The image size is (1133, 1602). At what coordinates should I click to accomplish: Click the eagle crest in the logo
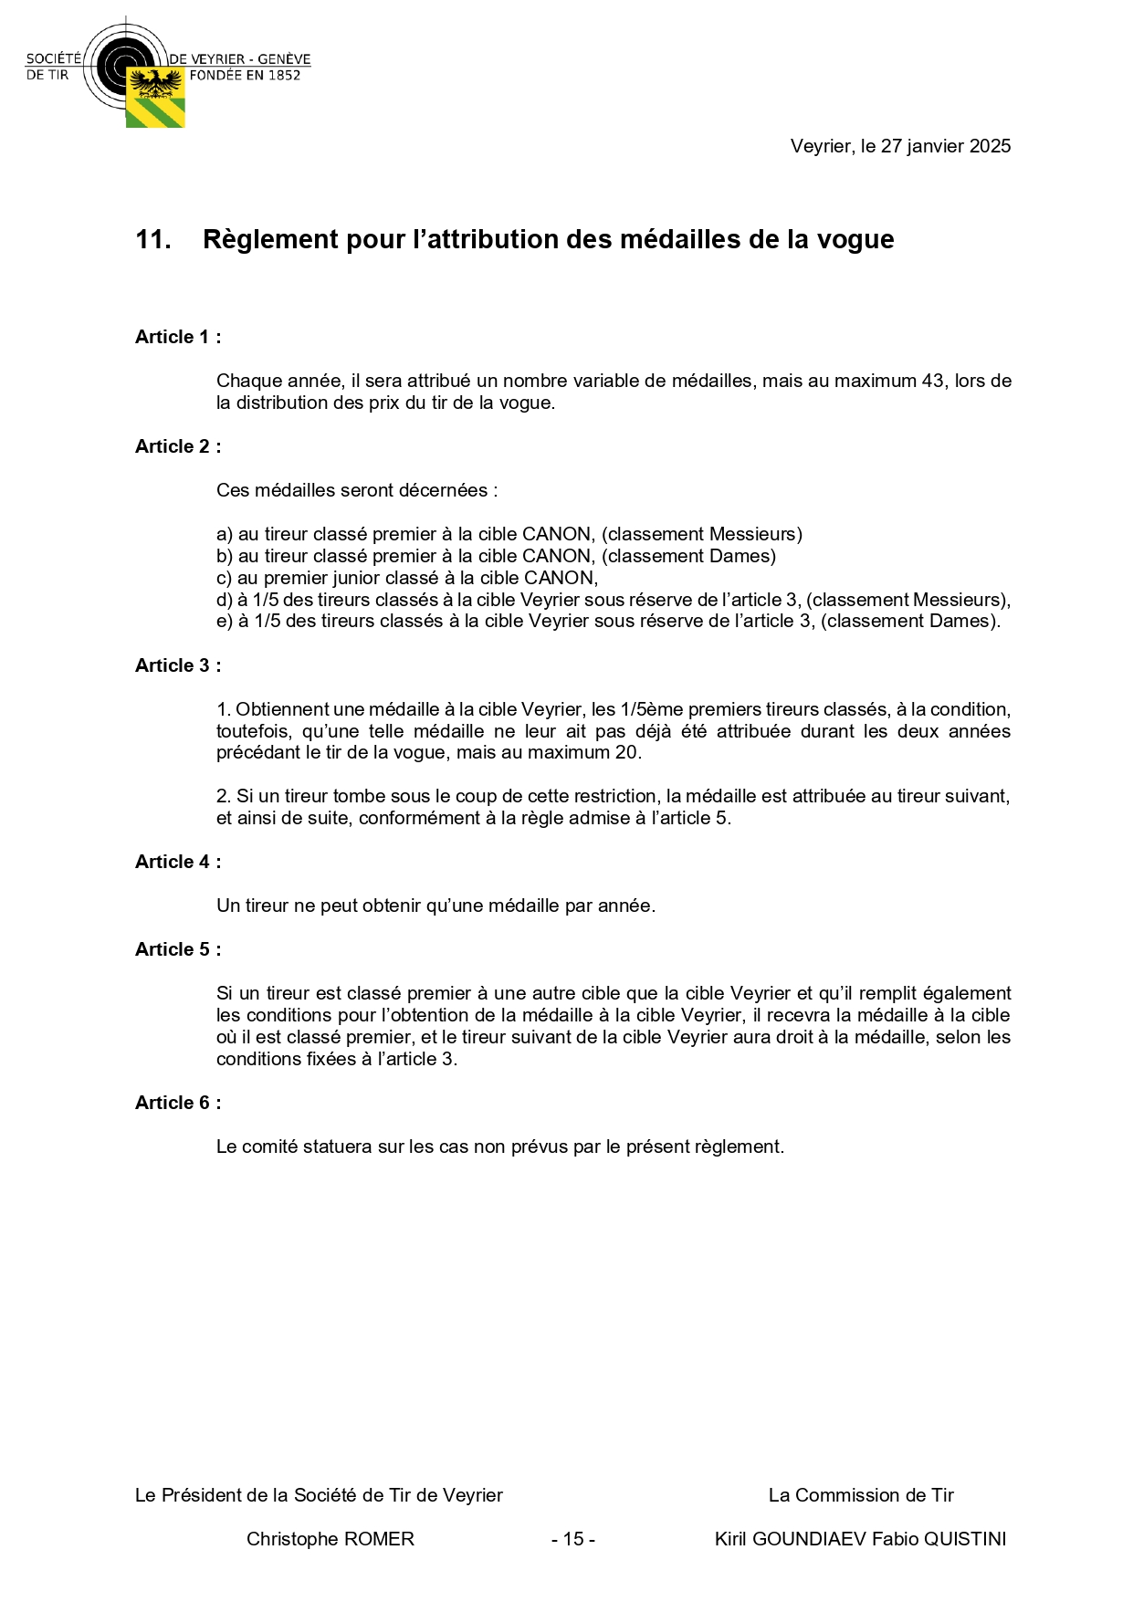pyautogui.click(x=155, y=84)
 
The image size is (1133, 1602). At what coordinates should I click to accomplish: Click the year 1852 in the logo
pyautogui.click(x=284, y=76)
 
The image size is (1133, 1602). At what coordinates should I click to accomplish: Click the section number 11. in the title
pyautogui.click(x=153, y=239)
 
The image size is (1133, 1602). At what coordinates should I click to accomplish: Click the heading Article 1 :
pyautogui.click(x=178, y=337)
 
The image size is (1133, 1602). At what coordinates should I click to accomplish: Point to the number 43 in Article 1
pyautogui.click(x=932, y=381)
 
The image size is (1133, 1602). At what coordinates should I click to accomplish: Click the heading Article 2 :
pyautogui.click(x=178, y=446)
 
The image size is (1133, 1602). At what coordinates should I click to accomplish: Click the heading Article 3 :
pyautogui.click(x=178, y=665)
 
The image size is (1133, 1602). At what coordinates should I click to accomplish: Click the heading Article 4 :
pyautogui.click(x=178, y=862)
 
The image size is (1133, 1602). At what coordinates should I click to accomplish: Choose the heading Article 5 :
pyautogui.click(x=178, y=949)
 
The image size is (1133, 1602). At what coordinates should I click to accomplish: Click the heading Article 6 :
pyautogui.click(x=178, y=1103)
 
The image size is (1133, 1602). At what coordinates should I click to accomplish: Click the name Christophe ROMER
pyautogui.click(x=330, y=1539)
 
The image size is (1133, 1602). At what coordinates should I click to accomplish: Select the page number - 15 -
pyautogui.click(x=573, y=1539)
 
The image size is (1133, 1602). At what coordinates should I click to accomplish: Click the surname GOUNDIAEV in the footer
pyautogui.click(x=806, y=1539)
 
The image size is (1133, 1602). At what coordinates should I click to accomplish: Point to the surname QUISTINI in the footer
pyautogui.click(x=966, y=1539)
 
